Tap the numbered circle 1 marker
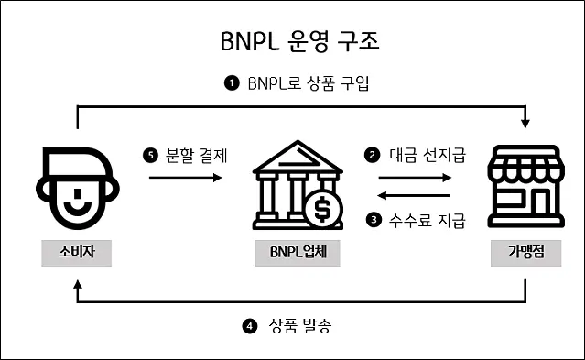click(x=232, y=83)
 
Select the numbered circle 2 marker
click(x=373, y=156)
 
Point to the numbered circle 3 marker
click(x=373, y=219)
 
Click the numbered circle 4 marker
click(x=250, y=324)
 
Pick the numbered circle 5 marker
click(x=152, y=156)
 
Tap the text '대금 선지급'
click(x=428, y=156)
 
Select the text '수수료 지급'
click(x=428, y=219)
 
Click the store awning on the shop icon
click(x=525, y=165)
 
